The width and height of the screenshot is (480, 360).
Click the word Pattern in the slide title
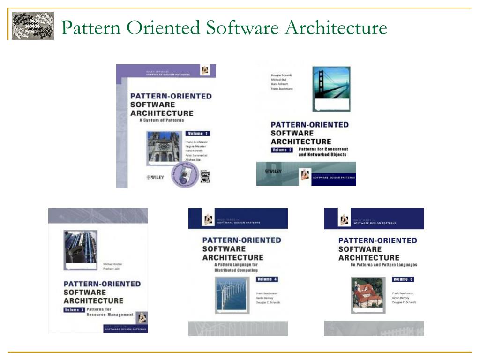pos(90,28)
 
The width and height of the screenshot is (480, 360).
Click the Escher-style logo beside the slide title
pos(33,26)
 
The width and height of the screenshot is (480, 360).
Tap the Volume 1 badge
pos(198,134)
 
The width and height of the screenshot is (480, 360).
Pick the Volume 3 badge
pos(75,309)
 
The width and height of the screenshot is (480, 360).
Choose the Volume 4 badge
pos(267,279)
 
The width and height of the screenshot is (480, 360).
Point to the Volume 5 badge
pos(403,279)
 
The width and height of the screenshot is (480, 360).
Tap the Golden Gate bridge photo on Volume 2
pos(331,85)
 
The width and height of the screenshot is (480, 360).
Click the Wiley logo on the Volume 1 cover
pos(155,177)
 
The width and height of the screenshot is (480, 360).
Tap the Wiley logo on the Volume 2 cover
pos(273,172)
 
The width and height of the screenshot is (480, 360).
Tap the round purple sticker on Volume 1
pos(186,175)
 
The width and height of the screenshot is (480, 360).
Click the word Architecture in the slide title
pos(336,28)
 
